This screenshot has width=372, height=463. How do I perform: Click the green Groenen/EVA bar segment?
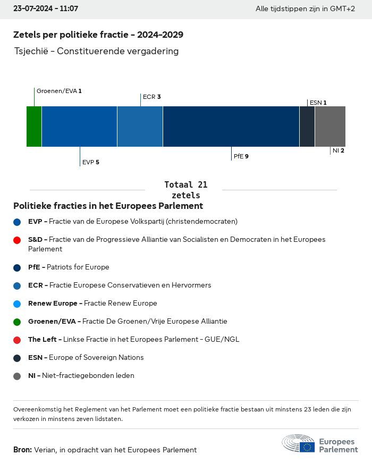pos(34,127)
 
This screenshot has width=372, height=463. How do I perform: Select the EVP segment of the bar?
pos(79,127)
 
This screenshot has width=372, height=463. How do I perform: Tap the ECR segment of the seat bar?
pos(140,127)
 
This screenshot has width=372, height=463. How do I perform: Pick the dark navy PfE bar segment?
pos(231,127)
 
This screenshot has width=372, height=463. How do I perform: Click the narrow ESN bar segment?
pos(307,127)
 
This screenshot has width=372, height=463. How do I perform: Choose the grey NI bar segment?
pos(330,127)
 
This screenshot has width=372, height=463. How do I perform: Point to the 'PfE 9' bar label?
pos(241,157)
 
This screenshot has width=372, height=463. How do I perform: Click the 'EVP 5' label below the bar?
pos(90,162)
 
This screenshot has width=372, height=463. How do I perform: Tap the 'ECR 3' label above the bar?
pos(151,97)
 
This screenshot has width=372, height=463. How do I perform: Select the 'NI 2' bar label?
pos(339,151)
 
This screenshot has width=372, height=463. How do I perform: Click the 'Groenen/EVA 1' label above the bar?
pos(59,91)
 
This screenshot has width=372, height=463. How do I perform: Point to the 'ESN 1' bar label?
pos(318,103)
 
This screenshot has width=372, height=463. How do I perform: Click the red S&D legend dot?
pos(17,240)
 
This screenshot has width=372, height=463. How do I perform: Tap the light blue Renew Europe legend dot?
pos(17,304)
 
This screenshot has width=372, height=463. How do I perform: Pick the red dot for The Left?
pos(17,340)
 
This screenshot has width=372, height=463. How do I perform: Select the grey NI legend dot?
pos(17,376)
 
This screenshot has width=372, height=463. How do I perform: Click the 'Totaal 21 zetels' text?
pos(186,190)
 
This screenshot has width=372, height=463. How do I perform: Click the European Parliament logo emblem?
pos(299,443)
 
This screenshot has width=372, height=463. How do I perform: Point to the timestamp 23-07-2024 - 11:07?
pos(46,9)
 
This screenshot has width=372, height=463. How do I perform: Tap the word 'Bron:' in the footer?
pos(22,450)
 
